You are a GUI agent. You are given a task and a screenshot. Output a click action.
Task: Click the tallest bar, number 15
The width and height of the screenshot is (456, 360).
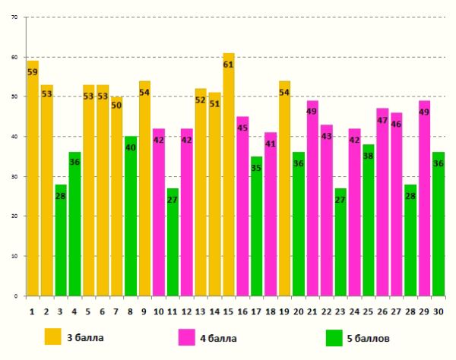click(x=229, y=175)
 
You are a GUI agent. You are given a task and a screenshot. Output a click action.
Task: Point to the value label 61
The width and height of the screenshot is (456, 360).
click(x=229, y=64)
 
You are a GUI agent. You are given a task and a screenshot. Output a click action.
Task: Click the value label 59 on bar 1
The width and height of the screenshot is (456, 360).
click(x=33, y=72)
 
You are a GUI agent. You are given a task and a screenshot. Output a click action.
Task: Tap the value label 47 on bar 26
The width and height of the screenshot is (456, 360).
click(x=382, y=120)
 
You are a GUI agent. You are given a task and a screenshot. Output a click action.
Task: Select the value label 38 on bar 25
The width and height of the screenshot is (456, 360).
click(x=369, y=156)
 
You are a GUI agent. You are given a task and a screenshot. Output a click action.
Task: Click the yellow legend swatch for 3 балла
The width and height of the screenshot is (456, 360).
click(x=53, y=336)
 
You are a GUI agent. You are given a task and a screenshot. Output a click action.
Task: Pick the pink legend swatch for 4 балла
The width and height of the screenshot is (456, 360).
click(x=188, y=336)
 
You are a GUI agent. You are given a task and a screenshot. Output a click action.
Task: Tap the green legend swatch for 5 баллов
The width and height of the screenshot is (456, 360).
click(x=334, y=336)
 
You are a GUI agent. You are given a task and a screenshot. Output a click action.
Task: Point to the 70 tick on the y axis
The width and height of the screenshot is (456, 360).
click(x=14, y=17)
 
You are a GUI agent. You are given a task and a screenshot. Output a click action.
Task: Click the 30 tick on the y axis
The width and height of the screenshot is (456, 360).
click(x=14, y=176)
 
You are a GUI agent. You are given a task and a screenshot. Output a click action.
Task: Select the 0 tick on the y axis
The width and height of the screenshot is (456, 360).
click(x=16, y=295)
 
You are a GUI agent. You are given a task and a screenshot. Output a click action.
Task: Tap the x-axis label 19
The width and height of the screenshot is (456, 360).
click(x=284, y=310)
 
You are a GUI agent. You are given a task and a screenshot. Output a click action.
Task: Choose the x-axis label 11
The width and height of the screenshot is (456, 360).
click(x=173, y=310)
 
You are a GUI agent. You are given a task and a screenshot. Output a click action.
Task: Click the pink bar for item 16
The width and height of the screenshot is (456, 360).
click(x=242, y=206)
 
